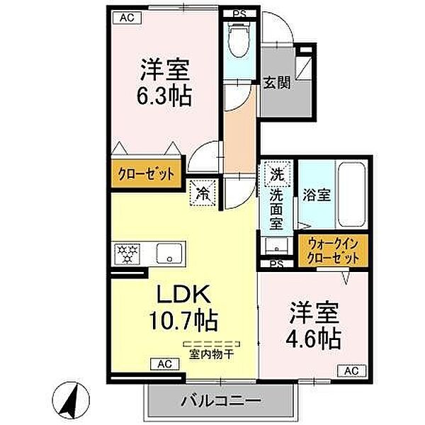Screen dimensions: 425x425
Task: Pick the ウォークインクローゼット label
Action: pos(333,251)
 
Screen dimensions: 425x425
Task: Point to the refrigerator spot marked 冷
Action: pos(202,191)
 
